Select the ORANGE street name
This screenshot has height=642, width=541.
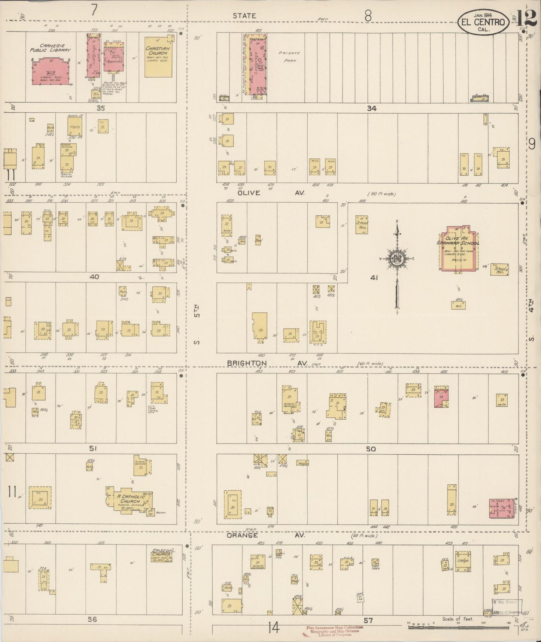click(242, 535)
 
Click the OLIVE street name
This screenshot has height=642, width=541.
click(249, 193)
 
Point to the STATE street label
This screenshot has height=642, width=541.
click(244, 16)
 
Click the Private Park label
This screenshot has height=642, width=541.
click(289, 56)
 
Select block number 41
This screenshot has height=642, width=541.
click(373, 278)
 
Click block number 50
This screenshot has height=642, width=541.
click(371, 449)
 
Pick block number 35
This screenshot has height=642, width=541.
click(100, 108)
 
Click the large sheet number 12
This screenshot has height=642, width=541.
click(527, 19)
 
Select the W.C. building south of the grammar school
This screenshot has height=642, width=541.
click(458, 305)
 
